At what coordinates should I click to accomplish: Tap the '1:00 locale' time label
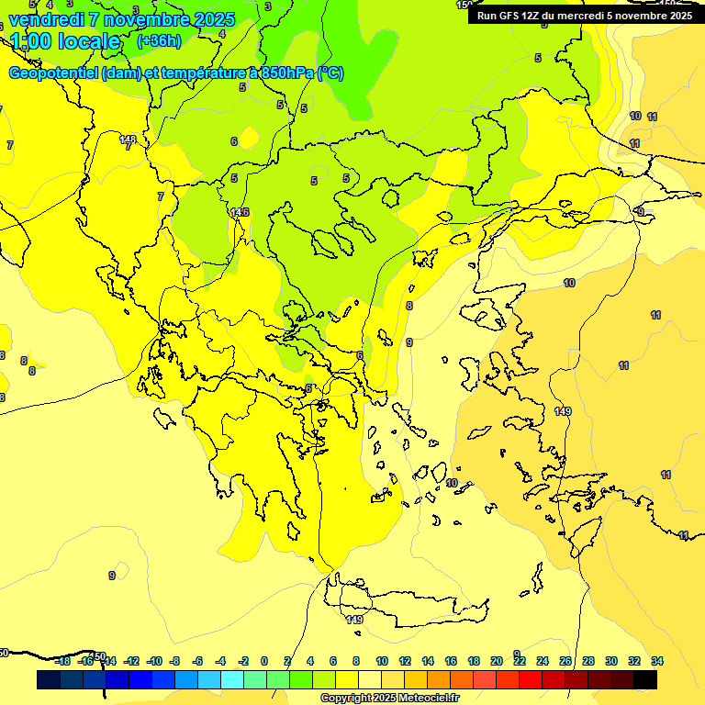pos(65,41)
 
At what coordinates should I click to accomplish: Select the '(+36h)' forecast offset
pos(158,41)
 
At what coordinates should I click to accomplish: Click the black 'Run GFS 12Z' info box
pos(584,15)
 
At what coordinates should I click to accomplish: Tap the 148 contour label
pos(129,140)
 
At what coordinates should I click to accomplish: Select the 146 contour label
pos(240,212)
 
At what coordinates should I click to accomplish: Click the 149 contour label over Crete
pos(354,620)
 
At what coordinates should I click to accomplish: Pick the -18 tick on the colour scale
pos(62,661)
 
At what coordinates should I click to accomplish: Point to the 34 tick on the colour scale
pos(657,661)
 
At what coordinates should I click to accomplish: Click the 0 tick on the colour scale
pos(264,661)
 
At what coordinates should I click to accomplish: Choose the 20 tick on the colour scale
pos(497,661)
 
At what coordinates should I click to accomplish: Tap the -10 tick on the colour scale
pos(154,661)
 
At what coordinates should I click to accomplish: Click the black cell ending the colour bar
pos(644,679)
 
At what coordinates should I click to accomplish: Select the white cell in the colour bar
pos(369,679)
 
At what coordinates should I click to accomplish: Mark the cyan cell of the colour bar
pos(231,679)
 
